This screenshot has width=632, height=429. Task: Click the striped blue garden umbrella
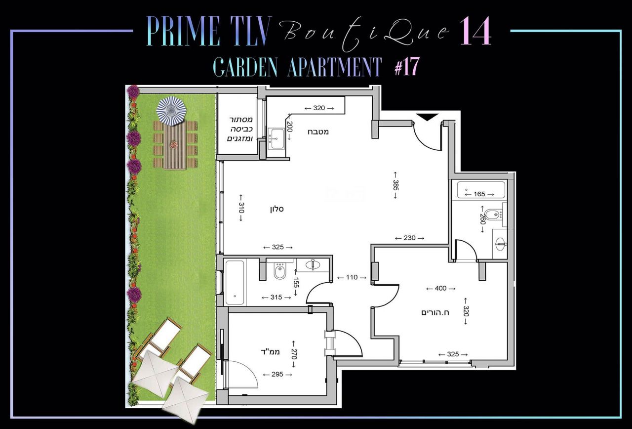(172, 111)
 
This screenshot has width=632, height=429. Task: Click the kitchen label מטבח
(318, 132)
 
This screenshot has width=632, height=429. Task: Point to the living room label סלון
(276, 209)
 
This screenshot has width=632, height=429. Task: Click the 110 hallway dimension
(352, 277)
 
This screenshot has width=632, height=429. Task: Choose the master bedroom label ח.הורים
(435, 312)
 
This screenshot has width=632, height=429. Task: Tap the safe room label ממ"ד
(270, 352)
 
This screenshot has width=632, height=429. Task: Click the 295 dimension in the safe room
(277, 375)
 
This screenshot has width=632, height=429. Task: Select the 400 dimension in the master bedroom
(441, 288)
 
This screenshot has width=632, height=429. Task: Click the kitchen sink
(276, 138)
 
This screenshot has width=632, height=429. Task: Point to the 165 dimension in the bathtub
(479, 194)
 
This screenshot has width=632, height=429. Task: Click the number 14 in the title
(475, 31)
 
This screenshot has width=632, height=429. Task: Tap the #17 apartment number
(406, 66)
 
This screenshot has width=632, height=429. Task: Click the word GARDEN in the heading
(245, 67)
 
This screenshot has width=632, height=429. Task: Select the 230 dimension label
(409, 238)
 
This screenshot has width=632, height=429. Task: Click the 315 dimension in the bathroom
(276, 298)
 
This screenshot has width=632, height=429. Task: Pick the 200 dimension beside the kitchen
(289, 127)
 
